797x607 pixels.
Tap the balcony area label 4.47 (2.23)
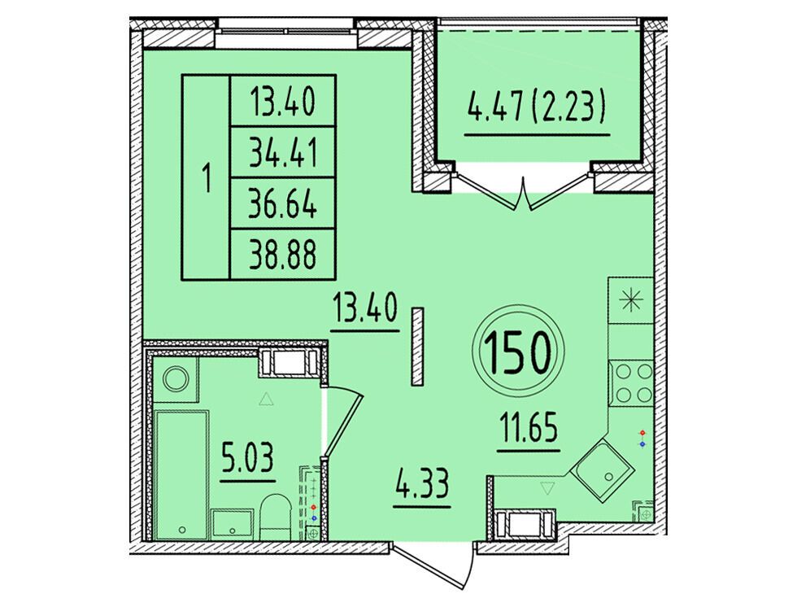536,109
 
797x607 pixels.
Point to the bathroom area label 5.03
248,457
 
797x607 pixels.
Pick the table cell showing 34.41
283,152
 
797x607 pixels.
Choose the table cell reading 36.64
283,203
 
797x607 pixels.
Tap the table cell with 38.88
283,254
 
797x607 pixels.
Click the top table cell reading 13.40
283,102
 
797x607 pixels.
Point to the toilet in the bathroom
276,516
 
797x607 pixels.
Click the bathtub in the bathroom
181,475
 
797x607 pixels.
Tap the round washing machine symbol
176,379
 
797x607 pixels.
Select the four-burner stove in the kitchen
631,382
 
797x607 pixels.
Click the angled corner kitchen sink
602,468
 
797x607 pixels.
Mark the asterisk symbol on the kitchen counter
631,300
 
